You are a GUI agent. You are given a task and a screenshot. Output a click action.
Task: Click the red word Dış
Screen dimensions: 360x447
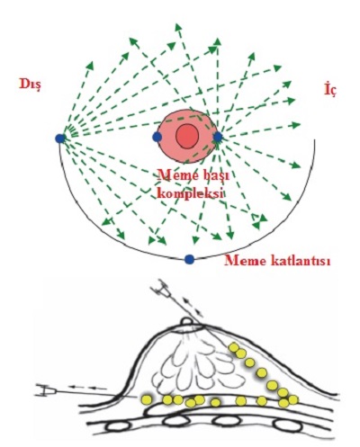30,85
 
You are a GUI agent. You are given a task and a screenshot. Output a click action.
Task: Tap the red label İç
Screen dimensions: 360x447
330,90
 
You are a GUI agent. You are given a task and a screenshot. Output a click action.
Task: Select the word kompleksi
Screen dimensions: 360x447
191,194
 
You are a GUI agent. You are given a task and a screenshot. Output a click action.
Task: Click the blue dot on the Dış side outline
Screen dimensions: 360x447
60,139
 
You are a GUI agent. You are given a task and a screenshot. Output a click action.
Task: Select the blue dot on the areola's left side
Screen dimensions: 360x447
157,137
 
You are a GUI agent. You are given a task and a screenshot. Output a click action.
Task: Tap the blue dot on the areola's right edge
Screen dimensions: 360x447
218,137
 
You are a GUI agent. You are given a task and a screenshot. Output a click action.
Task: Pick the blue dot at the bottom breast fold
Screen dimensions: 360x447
189,259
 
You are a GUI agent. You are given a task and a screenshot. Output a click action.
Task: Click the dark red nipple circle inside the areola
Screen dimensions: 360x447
186,136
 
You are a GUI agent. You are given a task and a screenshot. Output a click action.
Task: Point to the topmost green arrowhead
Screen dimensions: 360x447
178,27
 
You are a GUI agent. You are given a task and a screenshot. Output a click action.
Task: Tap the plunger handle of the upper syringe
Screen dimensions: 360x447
157,290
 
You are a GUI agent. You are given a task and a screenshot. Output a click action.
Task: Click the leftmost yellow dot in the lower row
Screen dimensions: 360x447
147,399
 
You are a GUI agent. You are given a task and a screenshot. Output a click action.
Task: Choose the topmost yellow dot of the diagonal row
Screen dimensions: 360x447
234,348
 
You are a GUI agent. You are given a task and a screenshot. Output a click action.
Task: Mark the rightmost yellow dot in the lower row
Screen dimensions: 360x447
293,399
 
